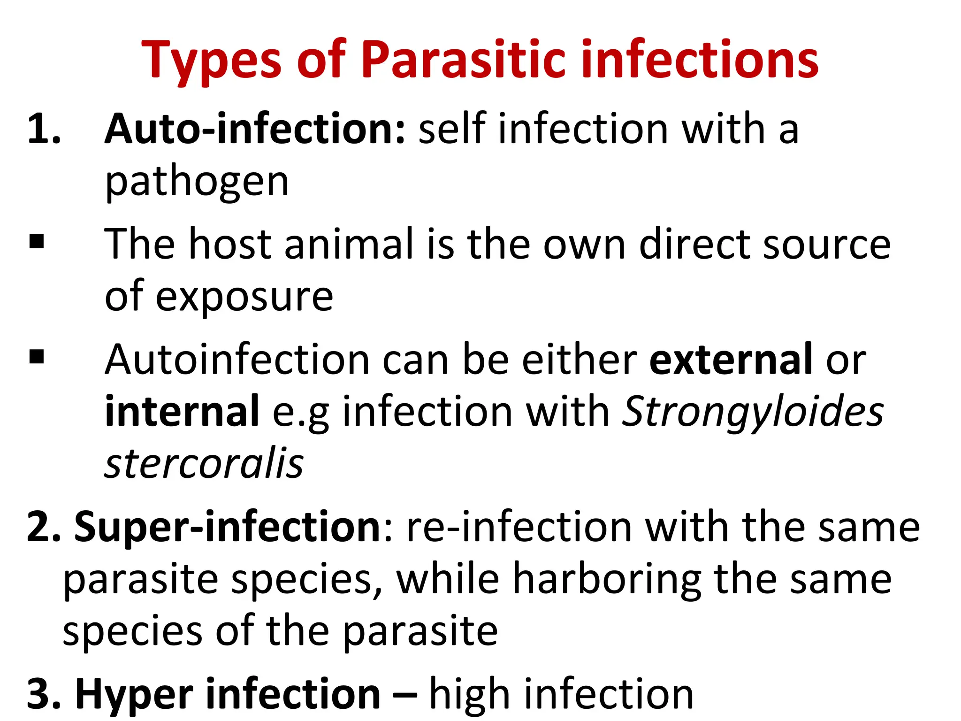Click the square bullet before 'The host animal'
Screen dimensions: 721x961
pos(37,242)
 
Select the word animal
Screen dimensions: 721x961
pos(350,244)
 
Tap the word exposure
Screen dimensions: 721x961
pos(244,297)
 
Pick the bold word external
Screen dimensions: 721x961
pos(731,360)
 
